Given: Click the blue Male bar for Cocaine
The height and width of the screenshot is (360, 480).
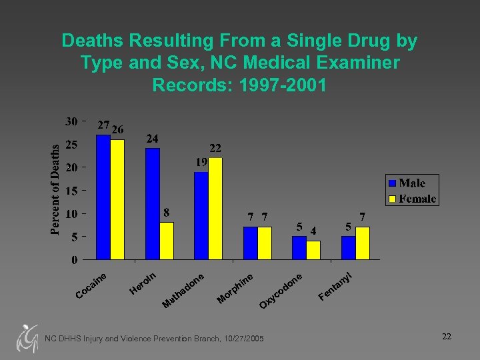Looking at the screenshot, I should click(x=103, y=197).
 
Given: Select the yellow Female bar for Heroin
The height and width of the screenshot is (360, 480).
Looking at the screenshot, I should click(x=167, y=241).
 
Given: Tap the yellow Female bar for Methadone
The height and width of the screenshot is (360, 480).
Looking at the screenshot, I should click(x=215, y=208).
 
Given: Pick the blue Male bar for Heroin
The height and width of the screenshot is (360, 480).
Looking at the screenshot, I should click(x=153, y=203).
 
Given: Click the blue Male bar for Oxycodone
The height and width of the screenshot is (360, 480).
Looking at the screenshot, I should click(x=299, y=247).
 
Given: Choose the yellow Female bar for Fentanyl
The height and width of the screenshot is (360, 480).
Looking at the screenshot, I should click(x=362, y=243).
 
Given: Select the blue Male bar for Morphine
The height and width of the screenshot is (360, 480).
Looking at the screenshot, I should click(x=250, y=243).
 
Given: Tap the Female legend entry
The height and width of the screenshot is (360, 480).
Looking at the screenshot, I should click(x=411, y=199).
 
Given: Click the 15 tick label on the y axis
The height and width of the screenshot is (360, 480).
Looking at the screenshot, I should click(x=71, y=191).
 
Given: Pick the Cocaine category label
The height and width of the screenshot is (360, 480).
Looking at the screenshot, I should click(x=92, y=285).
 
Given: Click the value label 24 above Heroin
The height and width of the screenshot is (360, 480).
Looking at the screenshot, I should click(x=153, y=139).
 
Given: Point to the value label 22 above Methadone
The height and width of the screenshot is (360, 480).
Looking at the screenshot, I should click(x=215, y=148).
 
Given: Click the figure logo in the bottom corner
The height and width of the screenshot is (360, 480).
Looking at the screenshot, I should click(x=26, y=338).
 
